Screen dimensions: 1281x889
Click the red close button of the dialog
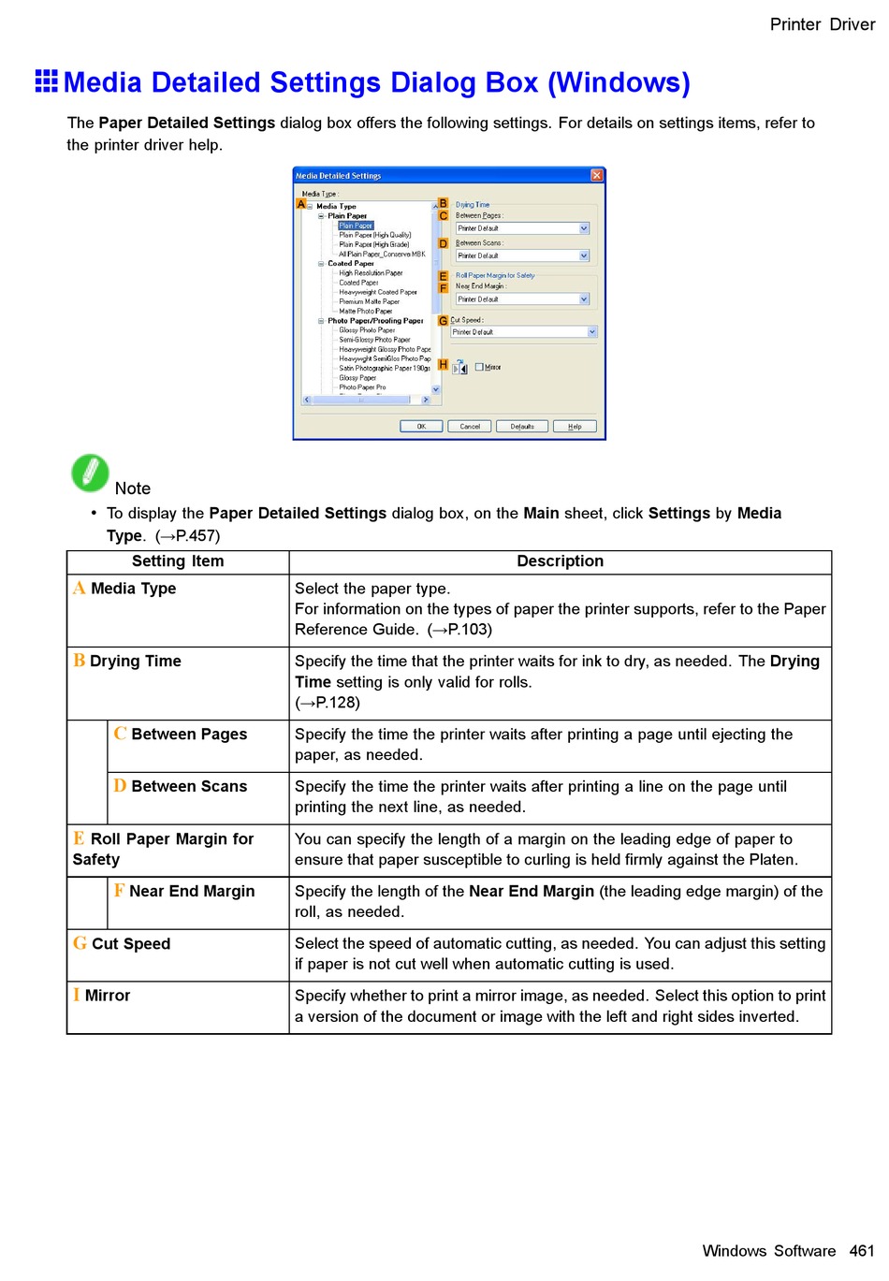click(597, 175)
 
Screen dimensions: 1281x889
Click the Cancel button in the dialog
click(470, 426)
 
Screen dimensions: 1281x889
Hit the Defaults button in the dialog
click(522, 426)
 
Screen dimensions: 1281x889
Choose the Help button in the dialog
click(575, 426)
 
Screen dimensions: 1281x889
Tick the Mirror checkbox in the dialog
click(479, 367)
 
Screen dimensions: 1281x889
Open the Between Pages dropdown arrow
click(584, 228)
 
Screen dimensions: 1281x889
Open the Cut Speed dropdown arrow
click(591, 332)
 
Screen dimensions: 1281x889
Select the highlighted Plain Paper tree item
click(356, 226)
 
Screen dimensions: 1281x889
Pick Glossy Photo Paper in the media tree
click(367, 330)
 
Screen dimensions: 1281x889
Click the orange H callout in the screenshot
click(444, 364)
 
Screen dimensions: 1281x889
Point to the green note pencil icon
click(90, 473)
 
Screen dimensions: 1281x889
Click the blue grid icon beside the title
click(47, 81)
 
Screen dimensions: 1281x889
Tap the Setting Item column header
click(178, 561)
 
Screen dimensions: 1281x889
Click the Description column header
click(560, 561)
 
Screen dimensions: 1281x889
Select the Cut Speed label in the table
click(131, 944)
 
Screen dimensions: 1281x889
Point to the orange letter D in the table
click(120, 786)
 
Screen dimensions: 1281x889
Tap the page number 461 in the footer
click(862, 1251)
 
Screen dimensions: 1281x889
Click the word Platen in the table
click(772, 860)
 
